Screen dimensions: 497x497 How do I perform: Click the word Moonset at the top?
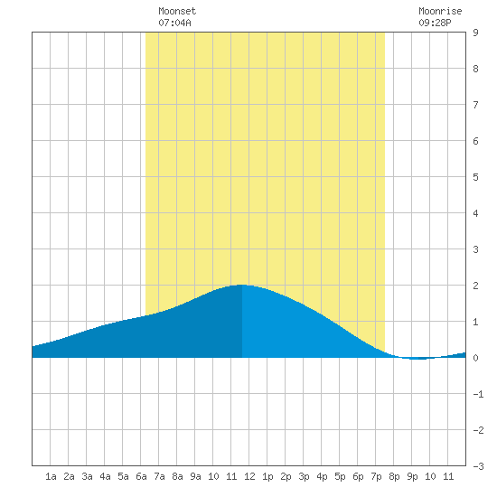click(177, 11)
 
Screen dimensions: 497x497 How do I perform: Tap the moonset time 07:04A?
click(174, 23)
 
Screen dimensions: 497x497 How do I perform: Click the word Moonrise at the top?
click(440, 11)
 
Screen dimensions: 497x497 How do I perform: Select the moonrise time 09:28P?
click(435, 23)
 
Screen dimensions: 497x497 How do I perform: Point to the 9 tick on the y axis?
click(475, 33)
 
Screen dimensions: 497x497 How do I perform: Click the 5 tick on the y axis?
click(475, 177)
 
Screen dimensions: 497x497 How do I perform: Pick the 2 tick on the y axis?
click(475, 286)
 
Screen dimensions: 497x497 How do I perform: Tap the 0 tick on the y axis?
click(475, 358)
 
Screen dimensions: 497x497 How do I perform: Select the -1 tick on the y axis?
click(478, 394)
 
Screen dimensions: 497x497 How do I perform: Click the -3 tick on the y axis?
click(478, 466)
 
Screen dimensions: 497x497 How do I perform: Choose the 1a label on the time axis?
click(51, 476)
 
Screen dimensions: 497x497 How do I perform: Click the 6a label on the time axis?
click(141, 476)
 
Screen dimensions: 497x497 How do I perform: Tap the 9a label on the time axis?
click(195, 476)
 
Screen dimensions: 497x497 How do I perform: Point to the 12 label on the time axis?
click(249, 476)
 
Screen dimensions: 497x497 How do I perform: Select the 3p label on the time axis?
click(304, 476)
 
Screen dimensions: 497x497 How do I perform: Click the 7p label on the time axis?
click(376, 476)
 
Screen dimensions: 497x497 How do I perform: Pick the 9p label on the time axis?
click(412, 476)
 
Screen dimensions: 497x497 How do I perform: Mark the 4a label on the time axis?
click(105, 476)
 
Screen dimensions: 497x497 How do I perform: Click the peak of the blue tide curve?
click(241, 285)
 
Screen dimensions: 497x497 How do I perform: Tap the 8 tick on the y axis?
click(475, 69)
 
